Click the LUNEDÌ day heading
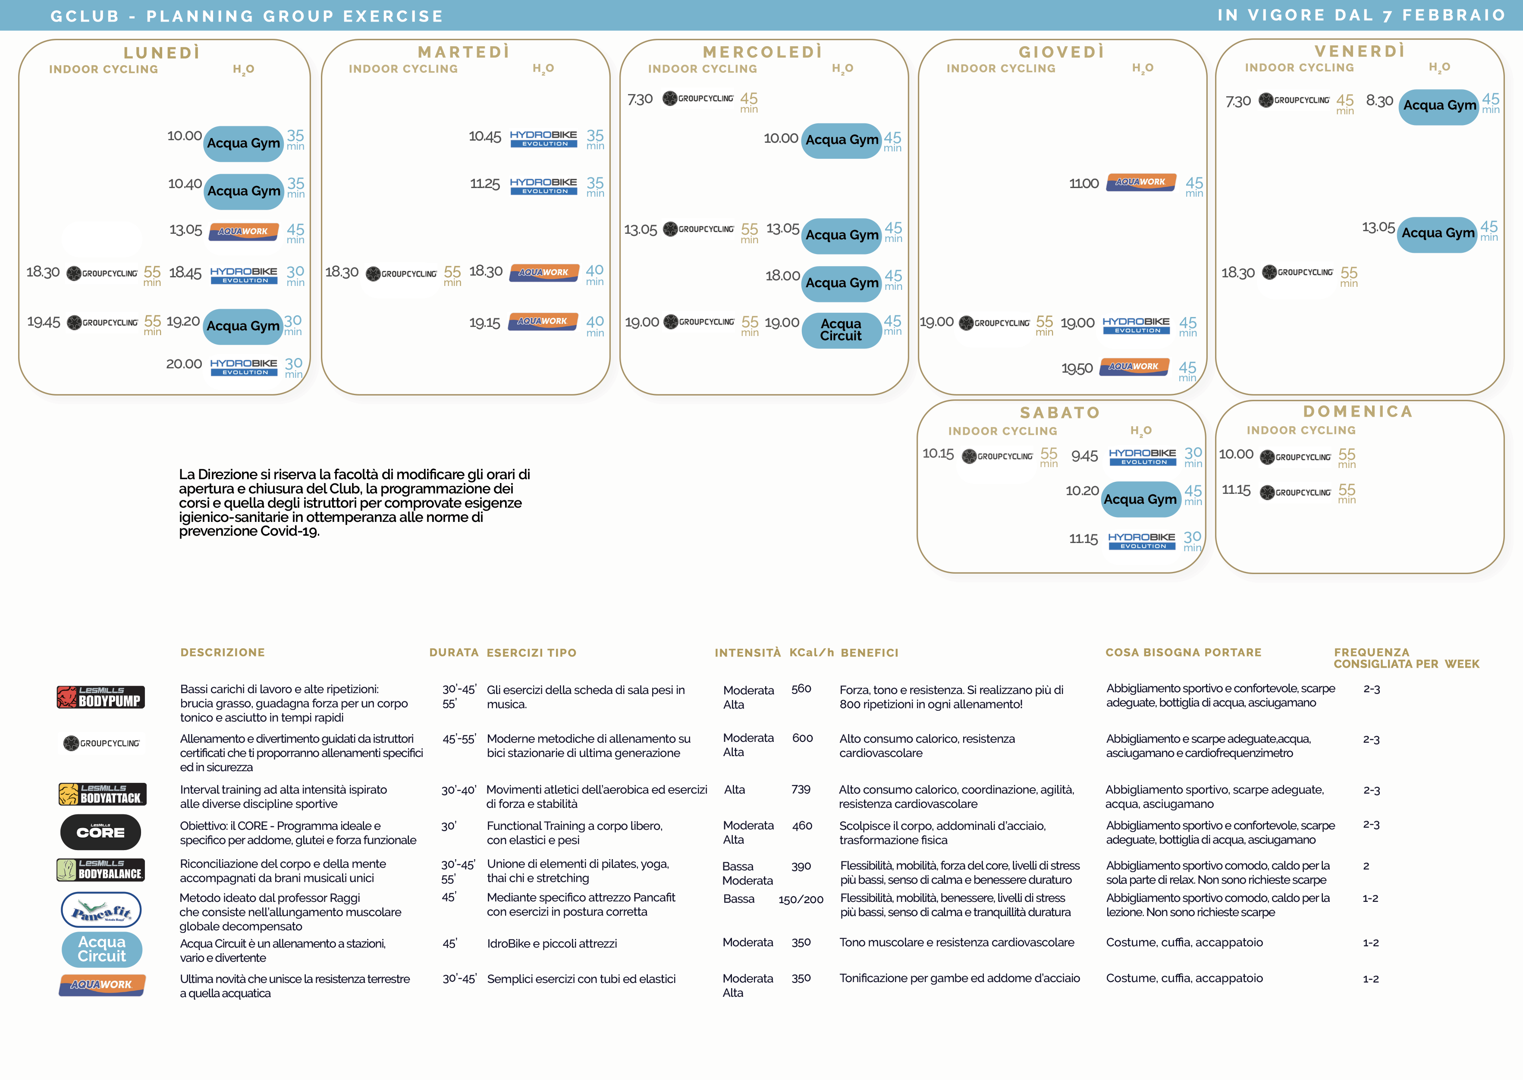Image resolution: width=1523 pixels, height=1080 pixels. click(162, 53)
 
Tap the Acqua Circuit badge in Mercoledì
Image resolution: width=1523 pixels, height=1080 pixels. click(842, 330)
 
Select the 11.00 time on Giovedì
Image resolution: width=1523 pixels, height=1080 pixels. click(1083, 184)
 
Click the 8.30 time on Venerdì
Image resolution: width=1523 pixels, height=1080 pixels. click(1379, 101)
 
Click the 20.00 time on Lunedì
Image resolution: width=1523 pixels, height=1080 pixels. click(184, 364)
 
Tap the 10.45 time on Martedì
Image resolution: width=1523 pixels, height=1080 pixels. click(485, 136)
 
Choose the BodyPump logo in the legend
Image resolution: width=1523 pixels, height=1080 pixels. click(100, 697)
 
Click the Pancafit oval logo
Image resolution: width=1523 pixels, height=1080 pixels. click(101, 910)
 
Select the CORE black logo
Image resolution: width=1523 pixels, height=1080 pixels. click(100, 832)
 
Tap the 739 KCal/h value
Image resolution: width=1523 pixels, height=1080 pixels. click(801, 789)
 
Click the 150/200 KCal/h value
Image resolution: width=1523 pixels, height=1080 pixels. click(801, 900)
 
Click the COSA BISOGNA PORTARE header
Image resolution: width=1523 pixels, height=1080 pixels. click(1183, 653)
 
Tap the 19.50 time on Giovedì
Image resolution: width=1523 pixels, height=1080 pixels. click(1077, 368)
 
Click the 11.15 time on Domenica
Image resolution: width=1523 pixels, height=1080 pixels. click(1236, 490)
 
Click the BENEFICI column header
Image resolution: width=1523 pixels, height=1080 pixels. click(869, 653)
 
